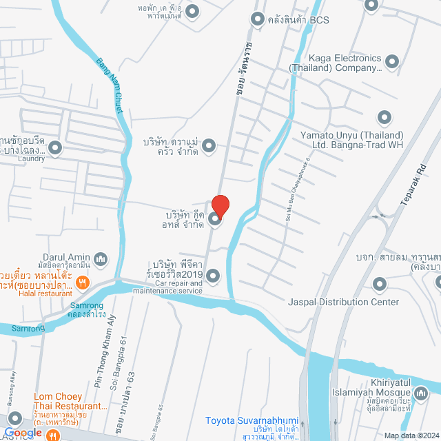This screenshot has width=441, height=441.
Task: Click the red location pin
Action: coord(220,205)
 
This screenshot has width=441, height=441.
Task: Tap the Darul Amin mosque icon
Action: coord(101,258)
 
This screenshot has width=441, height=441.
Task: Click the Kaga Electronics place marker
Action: coord(392,61)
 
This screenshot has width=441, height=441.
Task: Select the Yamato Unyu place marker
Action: coord(383,118)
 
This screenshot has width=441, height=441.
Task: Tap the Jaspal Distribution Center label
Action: coord(343,302)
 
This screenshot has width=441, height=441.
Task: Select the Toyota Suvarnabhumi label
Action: coord(252,420)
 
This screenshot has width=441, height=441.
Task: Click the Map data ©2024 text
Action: coord(409,435)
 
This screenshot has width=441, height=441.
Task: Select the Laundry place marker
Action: coord(55,147)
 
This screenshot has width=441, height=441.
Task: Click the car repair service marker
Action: coord(213,276)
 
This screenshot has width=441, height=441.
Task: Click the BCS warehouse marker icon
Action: coord(258,19)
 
